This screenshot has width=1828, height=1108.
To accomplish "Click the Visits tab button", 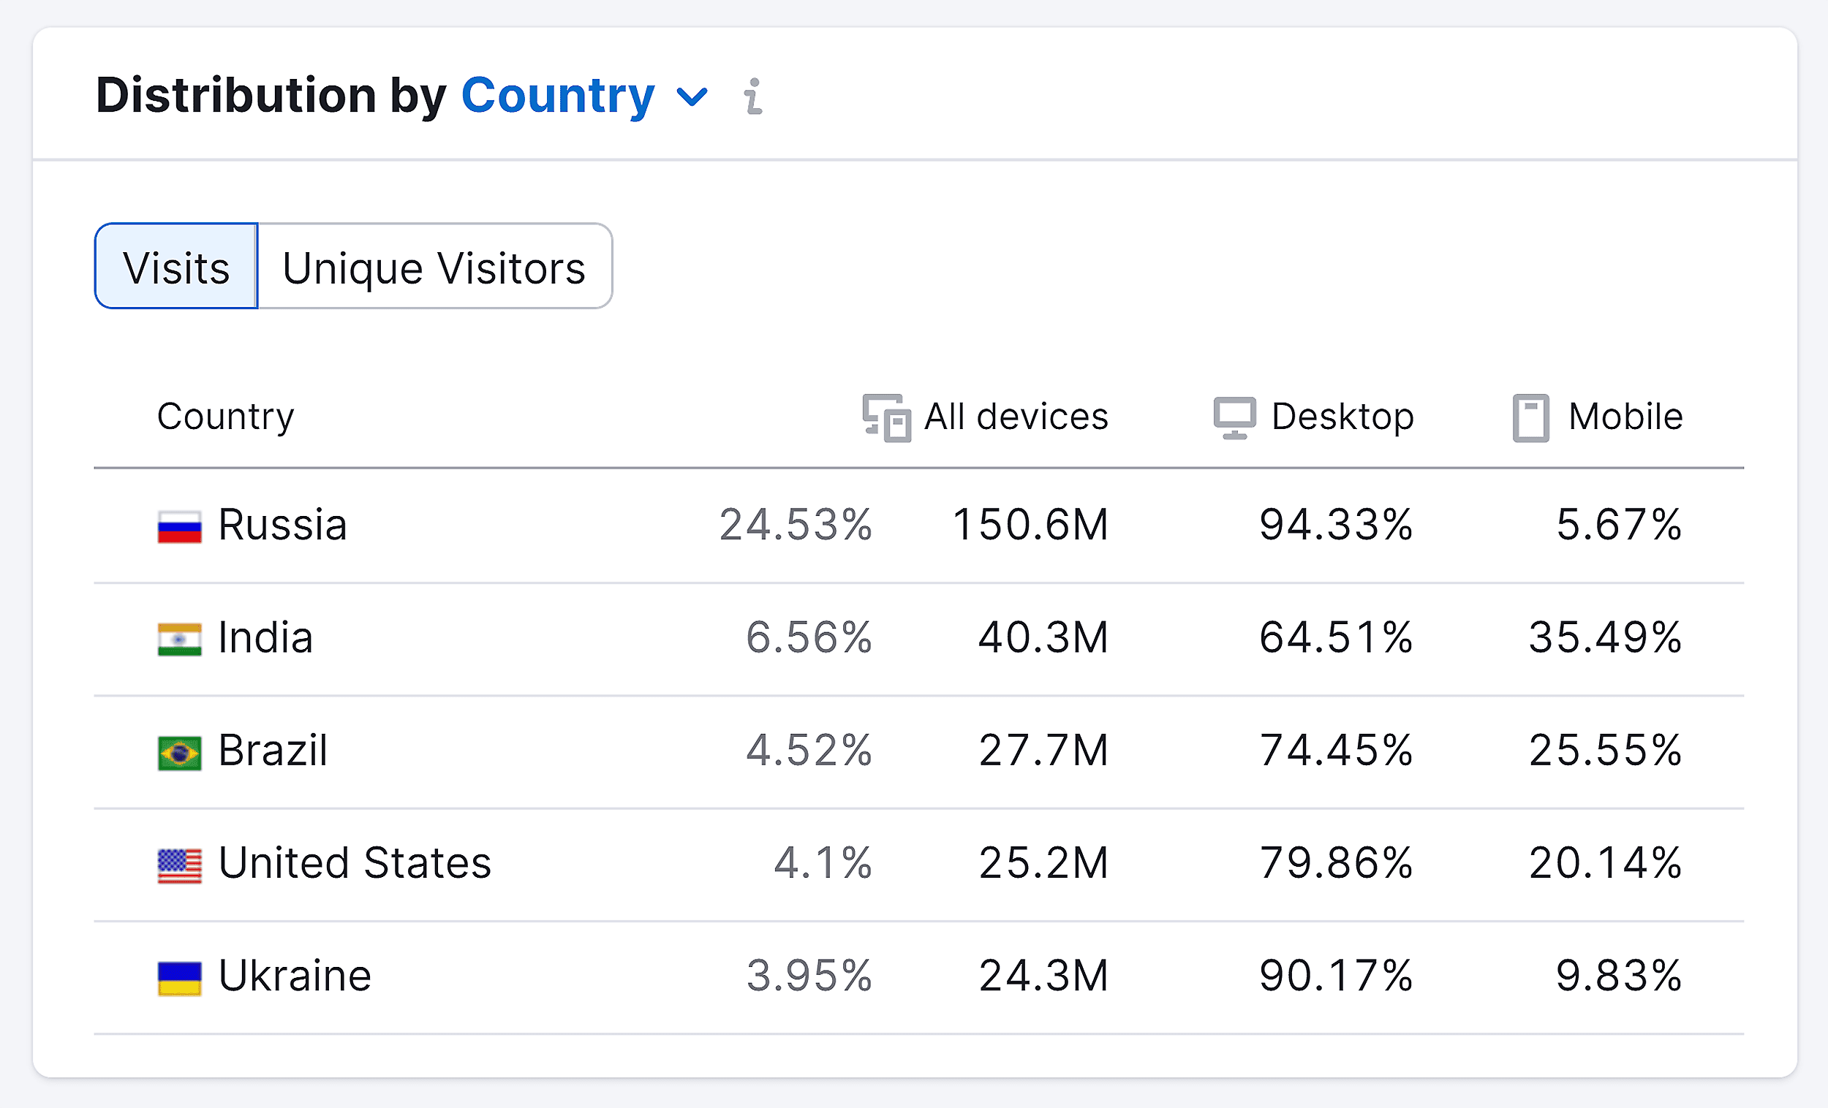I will click(175, 267).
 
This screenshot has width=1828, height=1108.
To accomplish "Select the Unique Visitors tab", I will click(434, 267).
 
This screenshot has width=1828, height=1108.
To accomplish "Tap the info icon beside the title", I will click(753, 96).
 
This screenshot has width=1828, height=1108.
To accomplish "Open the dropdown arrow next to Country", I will click(692, 96).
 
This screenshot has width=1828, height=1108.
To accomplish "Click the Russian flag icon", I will click(180, 526).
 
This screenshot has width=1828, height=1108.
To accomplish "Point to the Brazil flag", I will click(180, 753).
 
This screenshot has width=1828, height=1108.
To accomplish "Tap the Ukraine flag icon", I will click(180, 978).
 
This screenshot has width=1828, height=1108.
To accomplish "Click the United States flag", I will click(180, 865).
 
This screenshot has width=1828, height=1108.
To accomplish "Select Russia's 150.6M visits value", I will click(1030, 525).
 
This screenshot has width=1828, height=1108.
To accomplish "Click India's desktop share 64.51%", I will click(1335, 638).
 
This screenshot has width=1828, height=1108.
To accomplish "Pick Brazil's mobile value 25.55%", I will click(1605, 751).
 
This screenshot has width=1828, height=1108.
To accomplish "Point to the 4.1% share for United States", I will click(823, 863).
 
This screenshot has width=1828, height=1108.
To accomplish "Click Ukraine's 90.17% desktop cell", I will click(1335, 976).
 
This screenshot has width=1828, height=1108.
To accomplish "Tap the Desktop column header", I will click(1341, 417).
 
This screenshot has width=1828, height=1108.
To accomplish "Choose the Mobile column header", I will click(1625, 417).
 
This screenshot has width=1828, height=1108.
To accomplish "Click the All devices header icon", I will click(886, 418).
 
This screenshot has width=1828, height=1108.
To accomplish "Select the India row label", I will click(265, 638).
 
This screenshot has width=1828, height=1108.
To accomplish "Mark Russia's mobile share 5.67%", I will click(1618, 525).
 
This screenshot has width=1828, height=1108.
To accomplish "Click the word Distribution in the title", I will click(236, 96).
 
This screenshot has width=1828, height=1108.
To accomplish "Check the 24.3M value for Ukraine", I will click(1043, 976).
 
